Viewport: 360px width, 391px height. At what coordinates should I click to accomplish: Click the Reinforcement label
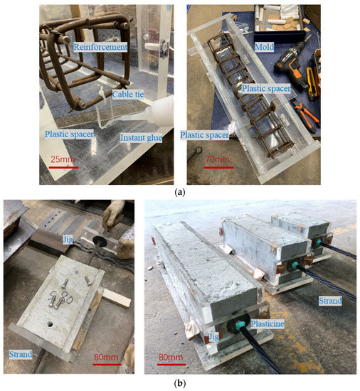tap(100, 47)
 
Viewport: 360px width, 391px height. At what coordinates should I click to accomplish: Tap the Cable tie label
tap(128, 95)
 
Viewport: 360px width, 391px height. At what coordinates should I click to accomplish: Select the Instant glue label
tap(141, 138)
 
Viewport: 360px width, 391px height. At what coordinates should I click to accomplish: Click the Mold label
tap(264, 47)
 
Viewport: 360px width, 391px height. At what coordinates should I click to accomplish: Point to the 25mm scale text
tap(63, 159)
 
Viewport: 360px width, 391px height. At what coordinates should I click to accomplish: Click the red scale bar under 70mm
tap(219, 167)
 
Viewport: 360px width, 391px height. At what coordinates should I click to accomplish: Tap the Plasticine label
tap(268, 323)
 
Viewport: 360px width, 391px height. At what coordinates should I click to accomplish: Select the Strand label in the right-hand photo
tap(330, 301)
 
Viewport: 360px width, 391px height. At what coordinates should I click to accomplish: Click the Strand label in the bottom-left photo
tap(21, 354)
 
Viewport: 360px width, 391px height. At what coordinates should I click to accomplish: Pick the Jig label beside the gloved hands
tap(68, 240)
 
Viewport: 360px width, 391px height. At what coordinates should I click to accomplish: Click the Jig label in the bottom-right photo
tap(213, 337)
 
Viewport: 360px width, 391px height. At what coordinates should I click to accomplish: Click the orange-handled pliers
tap(306, 114)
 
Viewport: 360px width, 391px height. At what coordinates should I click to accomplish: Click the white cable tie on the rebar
tap(102, 96)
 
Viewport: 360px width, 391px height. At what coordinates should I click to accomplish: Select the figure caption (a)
tap(180, 192)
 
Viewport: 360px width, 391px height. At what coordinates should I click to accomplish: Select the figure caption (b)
tap(180, 382)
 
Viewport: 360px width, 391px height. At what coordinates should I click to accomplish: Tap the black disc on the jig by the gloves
tap(100, 242)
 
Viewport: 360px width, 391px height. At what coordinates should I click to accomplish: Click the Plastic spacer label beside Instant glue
tap(69, 134)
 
